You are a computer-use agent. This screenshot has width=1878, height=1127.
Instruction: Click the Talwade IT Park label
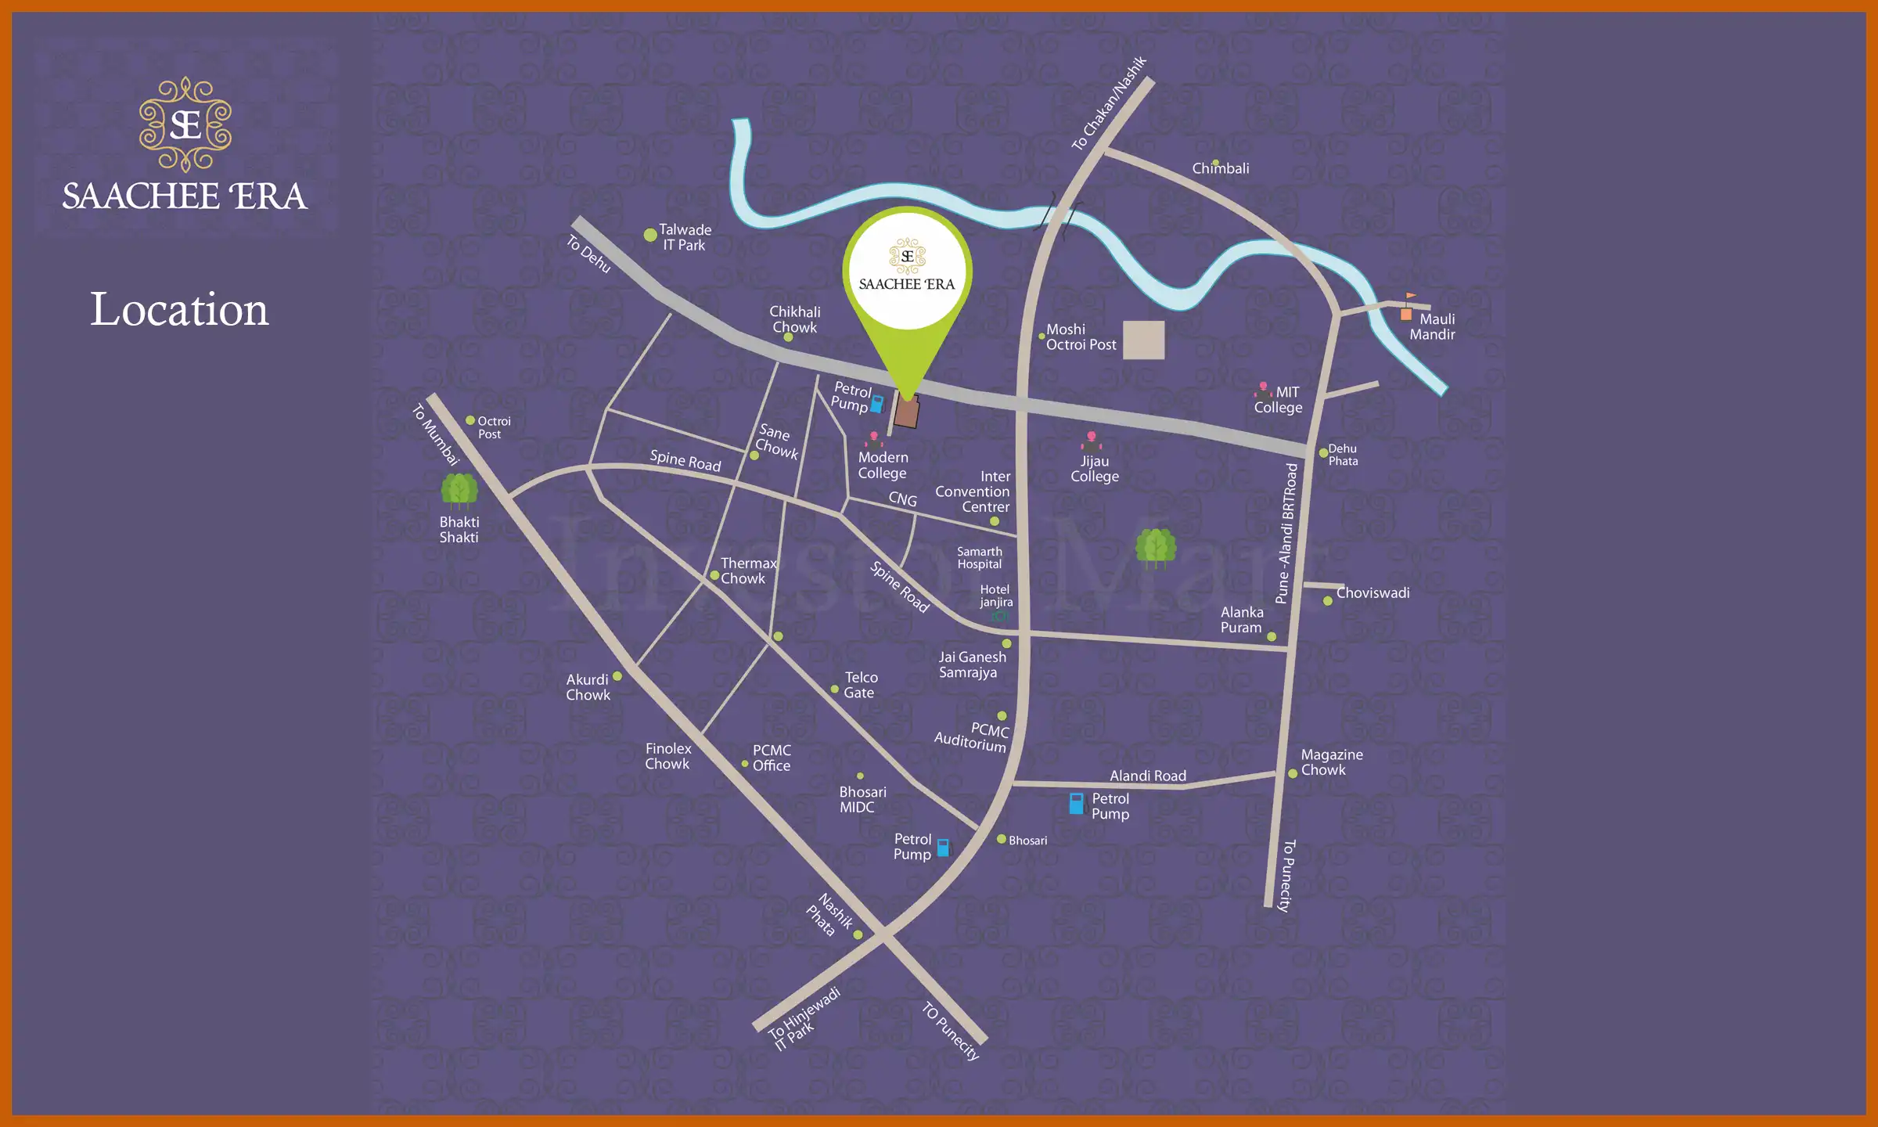685,237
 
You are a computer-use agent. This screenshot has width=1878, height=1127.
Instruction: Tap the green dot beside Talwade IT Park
649,235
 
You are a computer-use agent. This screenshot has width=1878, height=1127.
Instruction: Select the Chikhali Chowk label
794,319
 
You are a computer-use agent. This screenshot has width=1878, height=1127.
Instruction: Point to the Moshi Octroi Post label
1081,337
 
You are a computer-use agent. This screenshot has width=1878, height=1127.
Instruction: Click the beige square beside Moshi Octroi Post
1143,340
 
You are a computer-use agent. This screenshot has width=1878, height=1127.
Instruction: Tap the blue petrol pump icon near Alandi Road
1077,803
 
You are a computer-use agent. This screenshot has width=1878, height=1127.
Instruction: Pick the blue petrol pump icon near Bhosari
943,848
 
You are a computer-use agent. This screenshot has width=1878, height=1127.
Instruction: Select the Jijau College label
1094,469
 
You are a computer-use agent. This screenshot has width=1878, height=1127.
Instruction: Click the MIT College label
1279,400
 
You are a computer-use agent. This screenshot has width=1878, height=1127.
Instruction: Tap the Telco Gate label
860,685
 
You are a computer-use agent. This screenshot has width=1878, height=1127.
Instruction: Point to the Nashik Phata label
829,914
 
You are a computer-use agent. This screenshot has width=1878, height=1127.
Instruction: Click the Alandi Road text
1148,776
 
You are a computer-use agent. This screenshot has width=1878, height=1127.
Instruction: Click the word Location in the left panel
179,310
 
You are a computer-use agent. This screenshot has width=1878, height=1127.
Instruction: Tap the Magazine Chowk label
1331,762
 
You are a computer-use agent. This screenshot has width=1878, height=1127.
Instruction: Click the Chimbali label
1220,168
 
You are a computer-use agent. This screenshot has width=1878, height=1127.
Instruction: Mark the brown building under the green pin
906,412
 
